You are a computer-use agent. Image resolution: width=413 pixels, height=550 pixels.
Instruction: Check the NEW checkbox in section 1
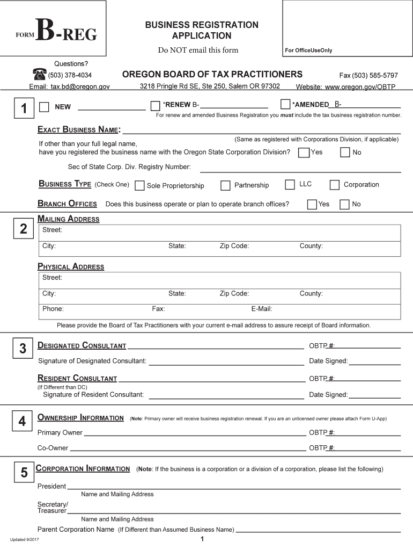tap(44, 106)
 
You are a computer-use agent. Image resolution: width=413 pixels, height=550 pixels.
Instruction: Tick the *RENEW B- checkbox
tap(155, 105)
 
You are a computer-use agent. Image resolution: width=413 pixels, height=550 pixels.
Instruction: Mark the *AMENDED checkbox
tap(285, 104)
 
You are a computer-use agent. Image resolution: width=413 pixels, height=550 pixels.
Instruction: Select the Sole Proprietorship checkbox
tap(139, 186)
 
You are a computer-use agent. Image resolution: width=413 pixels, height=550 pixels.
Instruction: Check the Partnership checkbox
tap(225, 186)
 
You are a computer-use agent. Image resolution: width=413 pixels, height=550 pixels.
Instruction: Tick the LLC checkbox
tap(290, 185)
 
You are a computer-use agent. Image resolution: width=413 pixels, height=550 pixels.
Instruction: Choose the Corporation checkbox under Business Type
tap(335, 185)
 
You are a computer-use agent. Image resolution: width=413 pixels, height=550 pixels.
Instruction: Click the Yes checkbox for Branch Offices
tap(312, 204)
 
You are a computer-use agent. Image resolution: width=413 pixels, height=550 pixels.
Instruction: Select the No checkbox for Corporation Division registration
tap(345, 153)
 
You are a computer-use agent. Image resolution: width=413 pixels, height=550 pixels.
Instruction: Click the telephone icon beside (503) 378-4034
tap(40, 75)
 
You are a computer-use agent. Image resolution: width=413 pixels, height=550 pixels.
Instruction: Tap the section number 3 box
tap(23, 349)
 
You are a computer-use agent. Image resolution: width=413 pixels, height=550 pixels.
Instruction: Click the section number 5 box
tap(24, 473)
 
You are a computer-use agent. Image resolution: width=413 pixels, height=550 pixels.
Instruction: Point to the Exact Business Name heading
tap(79, 129)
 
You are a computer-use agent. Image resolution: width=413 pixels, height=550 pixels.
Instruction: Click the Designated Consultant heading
tap(82, 345)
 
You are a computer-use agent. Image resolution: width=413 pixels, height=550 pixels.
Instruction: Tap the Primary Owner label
tap(60, 432)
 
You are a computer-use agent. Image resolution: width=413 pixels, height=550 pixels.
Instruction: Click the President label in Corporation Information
tap(51, 486)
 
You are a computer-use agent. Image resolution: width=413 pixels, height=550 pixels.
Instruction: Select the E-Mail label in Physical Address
tap(262, 309)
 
